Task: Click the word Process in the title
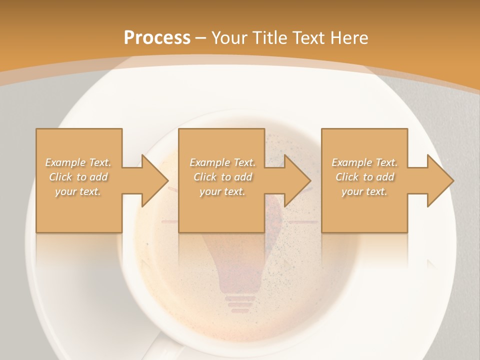(x=157, y=37)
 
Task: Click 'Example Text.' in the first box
(x=78, y=162)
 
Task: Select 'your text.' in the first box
(x=78, y=191)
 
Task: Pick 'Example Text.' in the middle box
(x=222, y=162)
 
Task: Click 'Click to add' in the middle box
(x=222, y=177)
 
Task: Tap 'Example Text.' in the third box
(x=364, y=162)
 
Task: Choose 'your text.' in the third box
(x=364, y=191)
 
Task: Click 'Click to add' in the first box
(x=78, y=177)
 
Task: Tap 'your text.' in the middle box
(x=222, y=191)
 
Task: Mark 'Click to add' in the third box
(x=364, y=177)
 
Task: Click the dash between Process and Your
(x=201, y=37)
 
